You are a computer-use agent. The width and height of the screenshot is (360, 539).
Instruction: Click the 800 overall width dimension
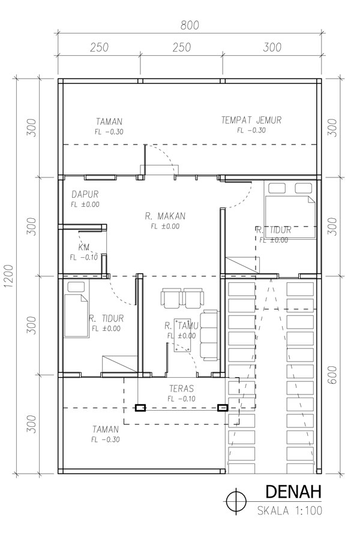click(190, 25)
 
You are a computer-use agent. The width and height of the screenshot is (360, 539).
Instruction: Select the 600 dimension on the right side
click(332, 375)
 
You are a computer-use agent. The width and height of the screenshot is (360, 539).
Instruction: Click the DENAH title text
click(293, 492)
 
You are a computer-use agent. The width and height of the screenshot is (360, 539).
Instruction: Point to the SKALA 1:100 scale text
click(290, 510)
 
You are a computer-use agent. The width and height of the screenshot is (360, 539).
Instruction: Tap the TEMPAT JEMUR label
click(251, 120)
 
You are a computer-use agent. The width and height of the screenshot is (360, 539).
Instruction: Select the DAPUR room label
click(85, 194)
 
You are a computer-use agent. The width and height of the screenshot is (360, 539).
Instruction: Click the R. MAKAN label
click(165, 216)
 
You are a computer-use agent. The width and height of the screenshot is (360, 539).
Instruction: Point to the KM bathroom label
click(84, 247)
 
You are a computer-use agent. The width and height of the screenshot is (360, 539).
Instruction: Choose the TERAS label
click(181, 389)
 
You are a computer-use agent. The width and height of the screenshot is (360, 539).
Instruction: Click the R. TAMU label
click(181, 325)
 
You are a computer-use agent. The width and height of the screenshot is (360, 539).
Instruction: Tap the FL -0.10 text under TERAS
click(181, 399)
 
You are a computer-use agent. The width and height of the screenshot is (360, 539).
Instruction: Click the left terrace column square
click(140, 408)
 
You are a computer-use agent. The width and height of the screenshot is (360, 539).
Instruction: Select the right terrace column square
click(223, 408)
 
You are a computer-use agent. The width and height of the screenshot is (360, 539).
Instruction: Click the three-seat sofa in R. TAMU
click(209, 335)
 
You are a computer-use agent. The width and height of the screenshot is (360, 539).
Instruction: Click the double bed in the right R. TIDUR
click(290, 210)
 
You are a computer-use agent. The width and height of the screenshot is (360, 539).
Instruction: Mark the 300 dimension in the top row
click(272, 47)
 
